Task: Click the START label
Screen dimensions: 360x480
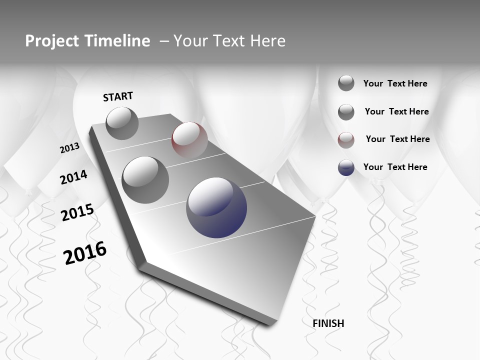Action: tap(118, 96)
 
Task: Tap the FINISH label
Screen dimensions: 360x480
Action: tap(328, 323)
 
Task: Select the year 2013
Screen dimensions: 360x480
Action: tap(69, 148)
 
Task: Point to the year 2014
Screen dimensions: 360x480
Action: tap(73, 177)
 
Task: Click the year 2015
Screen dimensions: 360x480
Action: tap(77, 212)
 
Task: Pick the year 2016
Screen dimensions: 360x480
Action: tap(85, 253)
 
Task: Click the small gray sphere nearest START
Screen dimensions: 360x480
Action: tap(122, 123)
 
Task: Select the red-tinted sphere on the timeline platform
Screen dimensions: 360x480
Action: tap(189, 139)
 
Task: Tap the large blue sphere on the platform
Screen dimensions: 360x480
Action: tap(216, 207)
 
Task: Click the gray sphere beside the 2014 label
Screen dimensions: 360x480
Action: tap(145, 179)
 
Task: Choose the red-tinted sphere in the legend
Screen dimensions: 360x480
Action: tap(346, 140)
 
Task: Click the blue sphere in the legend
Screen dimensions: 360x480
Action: tap(346, 167)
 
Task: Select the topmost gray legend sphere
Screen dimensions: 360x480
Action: tap(346, 83)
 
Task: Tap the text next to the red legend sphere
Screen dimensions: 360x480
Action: tap(397, 139)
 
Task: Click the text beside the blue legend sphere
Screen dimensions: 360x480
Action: tap(395, 167)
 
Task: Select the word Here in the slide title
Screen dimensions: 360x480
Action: tap(267, 41)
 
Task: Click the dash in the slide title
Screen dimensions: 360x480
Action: tap(164, 41)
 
